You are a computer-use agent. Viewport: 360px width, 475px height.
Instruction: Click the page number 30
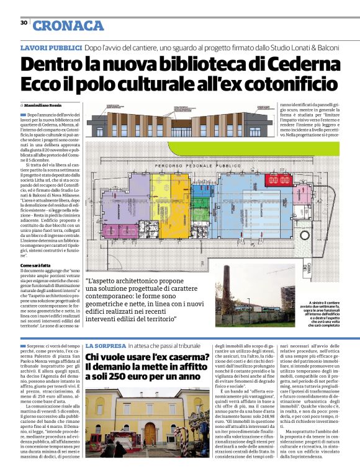[x=23, y=23]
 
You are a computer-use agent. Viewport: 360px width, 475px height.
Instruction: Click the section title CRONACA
[x=68, y=25]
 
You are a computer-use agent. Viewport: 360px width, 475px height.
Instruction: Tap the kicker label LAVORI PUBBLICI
[x=51, y=48]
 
